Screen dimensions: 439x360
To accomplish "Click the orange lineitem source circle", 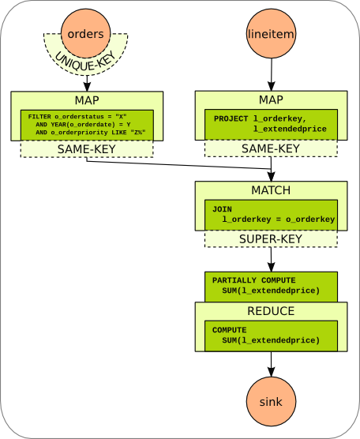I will [271, 34].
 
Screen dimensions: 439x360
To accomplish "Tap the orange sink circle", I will [271, 402].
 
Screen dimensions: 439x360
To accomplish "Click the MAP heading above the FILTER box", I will [87, 100].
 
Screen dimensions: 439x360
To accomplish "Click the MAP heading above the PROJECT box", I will [271, 100].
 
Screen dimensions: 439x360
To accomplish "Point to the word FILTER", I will [39, 117].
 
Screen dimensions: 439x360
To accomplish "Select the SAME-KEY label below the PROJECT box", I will [271, 148].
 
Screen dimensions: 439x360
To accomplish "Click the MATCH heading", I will [271, 190].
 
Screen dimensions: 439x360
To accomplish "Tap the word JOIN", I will [223, 208].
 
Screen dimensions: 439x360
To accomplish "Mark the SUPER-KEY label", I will [271, 238].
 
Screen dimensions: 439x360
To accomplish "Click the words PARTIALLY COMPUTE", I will [252, 280].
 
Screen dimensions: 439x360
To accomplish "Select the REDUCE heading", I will [271, 311].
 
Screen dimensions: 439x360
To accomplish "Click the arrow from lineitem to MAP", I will [271, 75].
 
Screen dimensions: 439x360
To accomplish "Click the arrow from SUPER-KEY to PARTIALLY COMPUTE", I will [271, 258].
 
